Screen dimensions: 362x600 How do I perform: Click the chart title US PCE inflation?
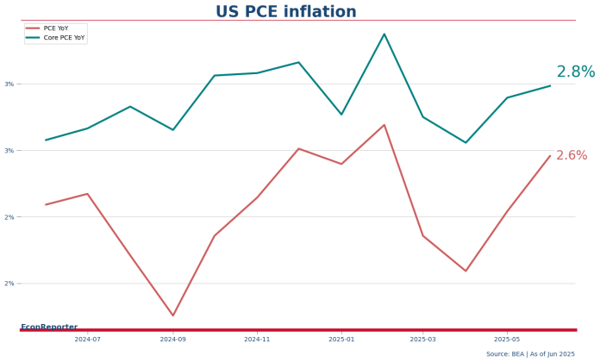285,12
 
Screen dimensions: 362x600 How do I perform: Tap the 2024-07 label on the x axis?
87,340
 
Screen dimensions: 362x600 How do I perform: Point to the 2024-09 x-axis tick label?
172,340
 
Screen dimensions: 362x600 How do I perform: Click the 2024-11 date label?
257,340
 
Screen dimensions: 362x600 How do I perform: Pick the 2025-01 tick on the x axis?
341,340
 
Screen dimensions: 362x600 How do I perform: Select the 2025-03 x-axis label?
423,340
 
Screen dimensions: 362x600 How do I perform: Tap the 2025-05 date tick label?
507,340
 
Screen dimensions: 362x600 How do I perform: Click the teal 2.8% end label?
575,72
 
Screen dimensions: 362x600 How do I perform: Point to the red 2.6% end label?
572,156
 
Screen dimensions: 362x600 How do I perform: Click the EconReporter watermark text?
49,327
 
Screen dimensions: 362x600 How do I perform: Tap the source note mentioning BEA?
530,354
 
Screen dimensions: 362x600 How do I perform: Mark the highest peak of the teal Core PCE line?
384,34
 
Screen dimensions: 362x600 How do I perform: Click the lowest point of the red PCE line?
172,315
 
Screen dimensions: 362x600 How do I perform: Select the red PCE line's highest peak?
384,125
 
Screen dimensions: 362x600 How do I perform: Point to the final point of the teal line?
550,85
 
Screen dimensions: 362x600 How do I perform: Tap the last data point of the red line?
550,156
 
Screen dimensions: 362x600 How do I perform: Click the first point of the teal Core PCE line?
46,140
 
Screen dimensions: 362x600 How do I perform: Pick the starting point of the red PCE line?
46,204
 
